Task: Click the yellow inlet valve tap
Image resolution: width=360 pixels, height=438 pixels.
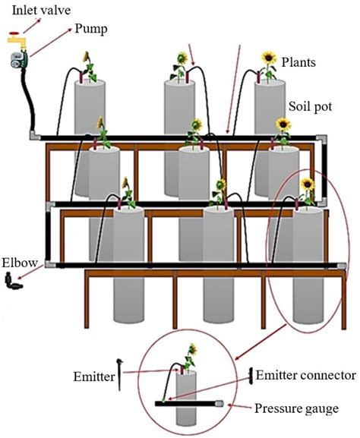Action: tap(14, 36)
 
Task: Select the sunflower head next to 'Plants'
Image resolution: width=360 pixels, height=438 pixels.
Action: tap(268, 58)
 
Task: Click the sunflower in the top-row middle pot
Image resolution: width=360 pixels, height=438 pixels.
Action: tap(182, 58)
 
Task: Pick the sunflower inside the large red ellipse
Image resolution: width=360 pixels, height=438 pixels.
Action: tap(306, 184)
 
